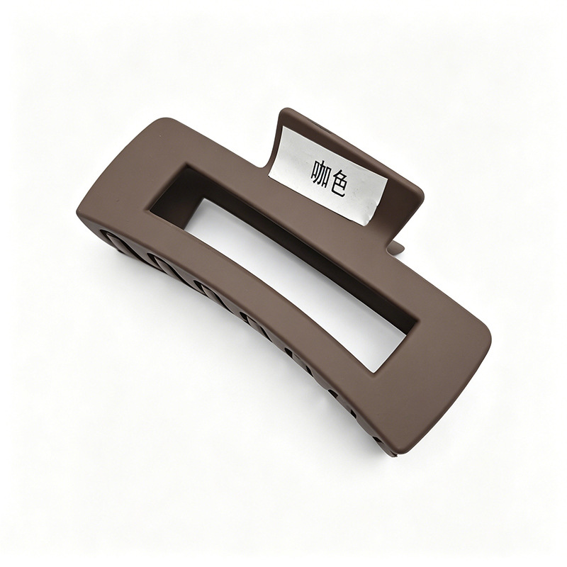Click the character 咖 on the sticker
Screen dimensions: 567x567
pyautogui.click(x=321, y=171)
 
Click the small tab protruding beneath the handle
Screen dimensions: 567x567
pyautogui.click(x=396, y=249)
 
